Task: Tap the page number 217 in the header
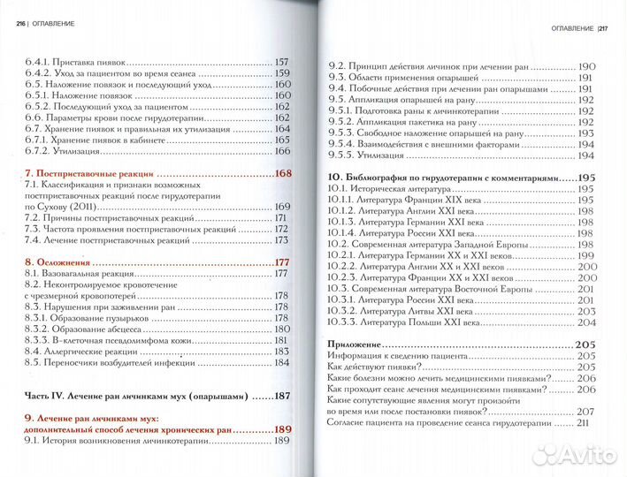click(x=602, y=27)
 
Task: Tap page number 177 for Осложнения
click(x=282, y=262)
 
